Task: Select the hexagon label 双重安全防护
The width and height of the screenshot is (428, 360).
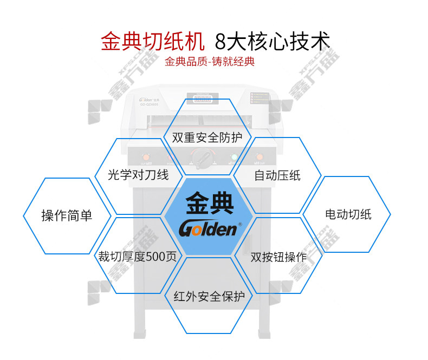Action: pyautogui.click(x=207, y=138)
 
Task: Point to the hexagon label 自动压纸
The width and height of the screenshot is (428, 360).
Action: pyautogui.click(x=277, y=175)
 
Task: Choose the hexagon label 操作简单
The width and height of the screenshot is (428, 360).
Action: pyautogui.click(x=67, y=216)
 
